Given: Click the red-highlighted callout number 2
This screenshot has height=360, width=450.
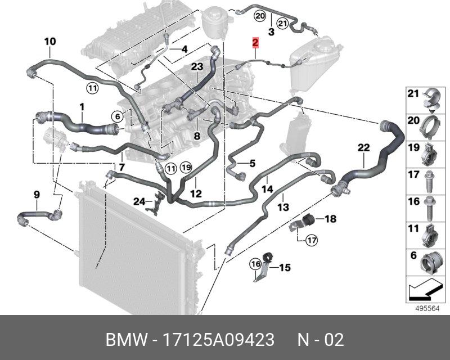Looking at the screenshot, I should point(255,42).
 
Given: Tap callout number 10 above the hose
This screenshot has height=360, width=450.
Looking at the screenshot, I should point(49,41).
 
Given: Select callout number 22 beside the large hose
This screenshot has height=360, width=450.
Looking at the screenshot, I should point(364,148).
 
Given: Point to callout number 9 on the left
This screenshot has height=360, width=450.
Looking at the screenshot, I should point(37,195).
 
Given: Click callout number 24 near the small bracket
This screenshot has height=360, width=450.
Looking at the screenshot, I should point(139,201).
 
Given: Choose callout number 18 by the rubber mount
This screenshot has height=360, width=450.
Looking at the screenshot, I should point(330,218).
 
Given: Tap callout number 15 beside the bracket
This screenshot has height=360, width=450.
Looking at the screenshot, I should point(285,268).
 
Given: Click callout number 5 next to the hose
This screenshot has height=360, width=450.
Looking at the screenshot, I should point(253,164).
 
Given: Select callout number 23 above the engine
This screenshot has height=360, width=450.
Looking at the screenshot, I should point(196,67).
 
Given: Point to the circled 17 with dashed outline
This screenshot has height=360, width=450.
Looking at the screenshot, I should point(312,241).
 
